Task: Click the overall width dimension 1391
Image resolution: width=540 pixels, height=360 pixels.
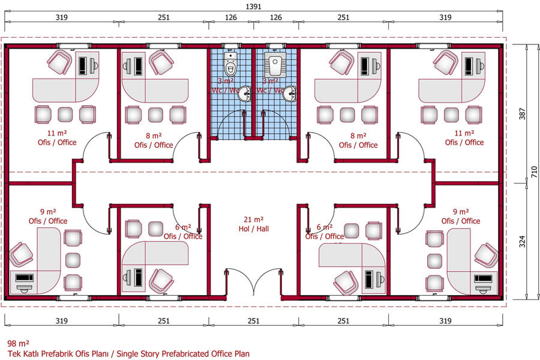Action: pos(253,7)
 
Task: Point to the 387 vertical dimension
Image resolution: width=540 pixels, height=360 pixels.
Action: pos(523,114)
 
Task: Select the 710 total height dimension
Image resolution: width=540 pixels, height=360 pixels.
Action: pos(534,172)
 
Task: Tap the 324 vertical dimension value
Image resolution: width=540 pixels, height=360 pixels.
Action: pos(523,241)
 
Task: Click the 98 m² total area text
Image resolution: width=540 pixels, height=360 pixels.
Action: pos(18,343)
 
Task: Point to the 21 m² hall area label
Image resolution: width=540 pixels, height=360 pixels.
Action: pos(253,220)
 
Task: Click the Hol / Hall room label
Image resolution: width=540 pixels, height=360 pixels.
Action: pos(253,229)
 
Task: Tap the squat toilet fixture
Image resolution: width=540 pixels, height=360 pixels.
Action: pos(275,65)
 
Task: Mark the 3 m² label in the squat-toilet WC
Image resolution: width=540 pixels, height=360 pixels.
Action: pos(270,82)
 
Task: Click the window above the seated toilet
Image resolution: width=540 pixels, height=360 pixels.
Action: pos(230,46)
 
